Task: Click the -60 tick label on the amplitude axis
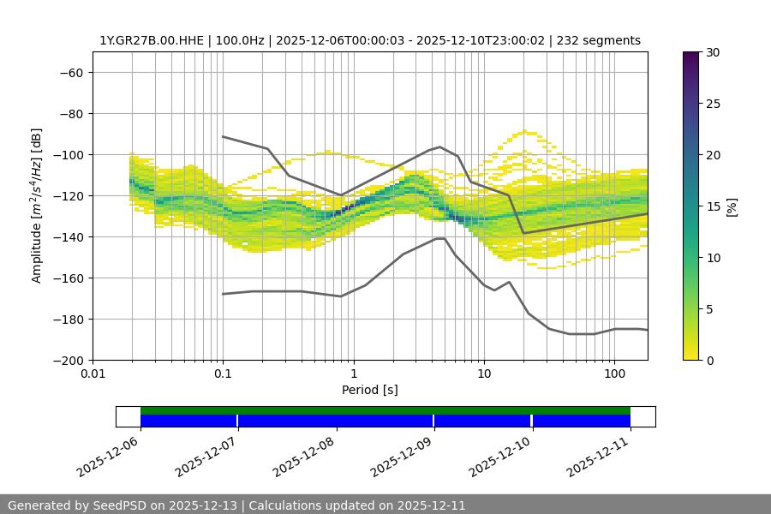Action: point(69,72)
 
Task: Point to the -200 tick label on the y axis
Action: point(66,360)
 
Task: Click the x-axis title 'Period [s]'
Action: point(370,390)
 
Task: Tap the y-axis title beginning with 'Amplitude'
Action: point(37,206)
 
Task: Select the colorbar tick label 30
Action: point(712,52)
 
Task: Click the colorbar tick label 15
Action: point(712,206)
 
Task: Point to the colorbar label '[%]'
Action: point(732,206)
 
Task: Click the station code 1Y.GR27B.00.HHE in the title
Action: point(146,40)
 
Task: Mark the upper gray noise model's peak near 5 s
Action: point(440,146)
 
